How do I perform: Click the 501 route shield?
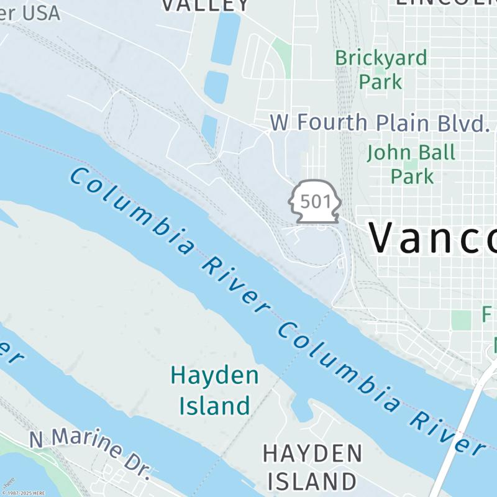315,201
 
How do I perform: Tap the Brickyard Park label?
381,69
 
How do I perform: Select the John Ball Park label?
411,163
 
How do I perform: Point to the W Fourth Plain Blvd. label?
379,122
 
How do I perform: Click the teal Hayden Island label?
214,391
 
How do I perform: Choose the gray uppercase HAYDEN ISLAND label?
312,467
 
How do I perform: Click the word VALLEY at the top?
206,5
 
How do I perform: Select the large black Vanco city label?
432,237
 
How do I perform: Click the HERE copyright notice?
23,493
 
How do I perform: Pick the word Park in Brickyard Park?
380,81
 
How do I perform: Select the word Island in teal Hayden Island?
214,405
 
